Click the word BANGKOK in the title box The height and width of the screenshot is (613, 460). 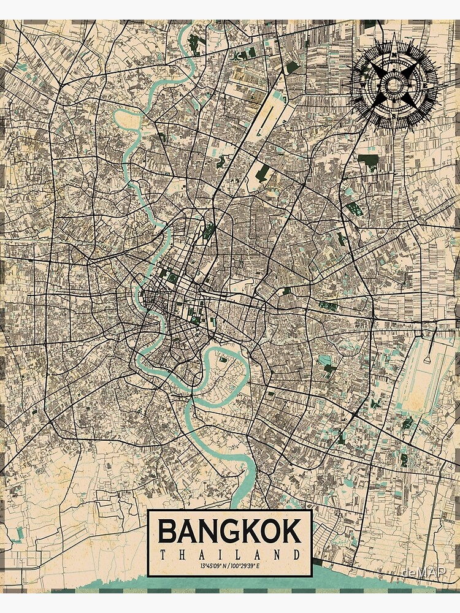pyautogui.click(x=230, y=532)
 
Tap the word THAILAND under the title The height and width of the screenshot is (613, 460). pyautogui.click(x=230, y=555)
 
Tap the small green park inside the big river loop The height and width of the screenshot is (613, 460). pyautogui.click(x=221, y=359)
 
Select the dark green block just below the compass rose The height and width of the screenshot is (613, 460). pyautogui.click(x=368, y=161)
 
